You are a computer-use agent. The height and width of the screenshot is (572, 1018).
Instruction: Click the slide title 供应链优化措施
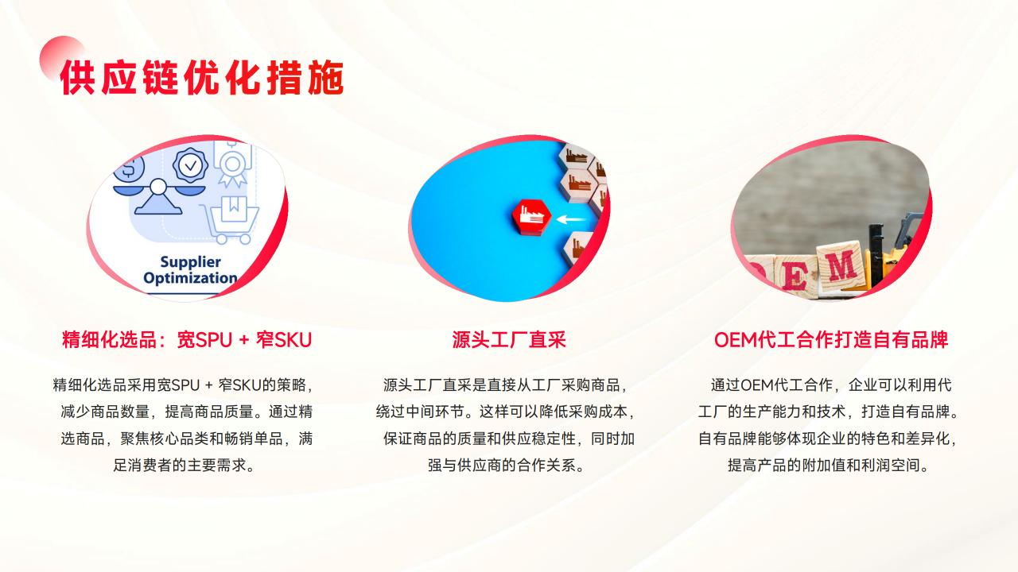[x=202, y=78]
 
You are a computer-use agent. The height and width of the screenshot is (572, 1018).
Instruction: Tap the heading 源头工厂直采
[x=509, y=339]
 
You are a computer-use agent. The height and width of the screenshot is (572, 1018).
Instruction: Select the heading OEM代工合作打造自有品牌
[x=831, y=339]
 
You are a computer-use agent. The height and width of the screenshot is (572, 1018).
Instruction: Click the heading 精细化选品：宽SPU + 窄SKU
[x=187, y=339]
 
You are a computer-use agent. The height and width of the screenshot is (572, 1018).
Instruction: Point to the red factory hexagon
[x=531, y=218]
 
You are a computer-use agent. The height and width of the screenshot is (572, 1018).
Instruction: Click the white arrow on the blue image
[x=571, y=220]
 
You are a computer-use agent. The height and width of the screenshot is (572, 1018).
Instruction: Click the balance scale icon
[x=158, y=195]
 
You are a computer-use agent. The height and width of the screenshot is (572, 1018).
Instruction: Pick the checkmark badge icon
[x=190, y=165]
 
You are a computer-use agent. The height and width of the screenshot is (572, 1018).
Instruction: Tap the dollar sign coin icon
[x=130, y=168]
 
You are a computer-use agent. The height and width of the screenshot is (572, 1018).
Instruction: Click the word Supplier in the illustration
[x=190, y=262]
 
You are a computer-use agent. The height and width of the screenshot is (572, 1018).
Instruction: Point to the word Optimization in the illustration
[x=190, y=278]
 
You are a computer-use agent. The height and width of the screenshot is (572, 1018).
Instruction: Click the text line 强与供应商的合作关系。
[x=506, y=465]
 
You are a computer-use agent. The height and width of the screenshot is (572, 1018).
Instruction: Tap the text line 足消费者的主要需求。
[x=184, y=465]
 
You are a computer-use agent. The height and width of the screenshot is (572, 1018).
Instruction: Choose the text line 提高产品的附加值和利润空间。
[x=828, y=465]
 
